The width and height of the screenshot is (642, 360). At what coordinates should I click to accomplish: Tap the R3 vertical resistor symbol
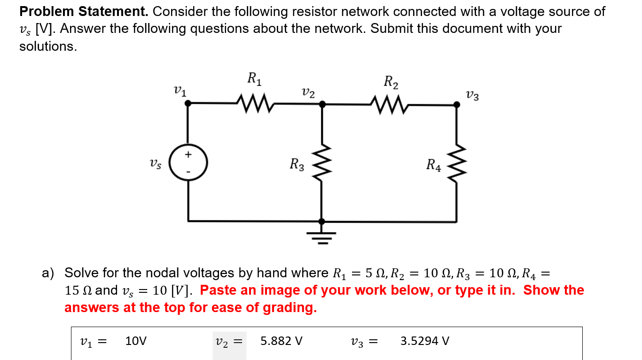pos(322,164)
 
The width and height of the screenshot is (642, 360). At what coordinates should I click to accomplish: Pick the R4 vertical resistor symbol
pos(456,164)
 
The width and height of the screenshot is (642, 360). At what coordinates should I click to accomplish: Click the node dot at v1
pos(188,105)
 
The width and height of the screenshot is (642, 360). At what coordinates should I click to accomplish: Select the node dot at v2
pos(322,105)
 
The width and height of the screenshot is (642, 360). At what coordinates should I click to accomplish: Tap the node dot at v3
pos(456,105)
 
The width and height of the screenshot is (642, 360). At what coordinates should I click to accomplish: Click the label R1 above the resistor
pos(254,78)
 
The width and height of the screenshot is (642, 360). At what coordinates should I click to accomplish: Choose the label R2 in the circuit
pos(391,82)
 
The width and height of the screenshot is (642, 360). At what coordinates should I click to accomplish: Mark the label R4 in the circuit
pos(433,165)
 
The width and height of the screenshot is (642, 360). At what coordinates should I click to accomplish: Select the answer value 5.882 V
pos(282,341)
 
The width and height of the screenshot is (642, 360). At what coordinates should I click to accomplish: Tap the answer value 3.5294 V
pos(424,341)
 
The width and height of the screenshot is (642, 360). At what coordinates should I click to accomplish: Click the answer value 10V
pos(136,341)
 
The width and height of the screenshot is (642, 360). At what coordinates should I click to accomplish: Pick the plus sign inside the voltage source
pos(188,154)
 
